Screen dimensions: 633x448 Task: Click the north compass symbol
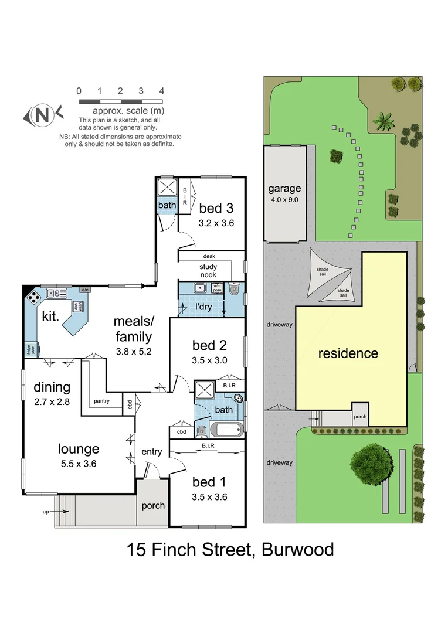tap(40, 115)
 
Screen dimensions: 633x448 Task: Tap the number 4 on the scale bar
tap(161, 91)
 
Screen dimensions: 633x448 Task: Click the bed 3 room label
tap(216, 208)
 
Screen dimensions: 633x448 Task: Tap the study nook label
tap(209, 271)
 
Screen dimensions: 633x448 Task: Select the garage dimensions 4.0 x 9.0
tap(284, 199)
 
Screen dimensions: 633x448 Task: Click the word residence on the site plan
tap(348, 353)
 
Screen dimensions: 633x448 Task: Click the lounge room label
tap(78, 449)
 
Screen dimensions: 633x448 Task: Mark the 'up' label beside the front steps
tap(46, 512)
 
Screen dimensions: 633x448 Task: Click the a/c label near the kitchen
tap(84, 290)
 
